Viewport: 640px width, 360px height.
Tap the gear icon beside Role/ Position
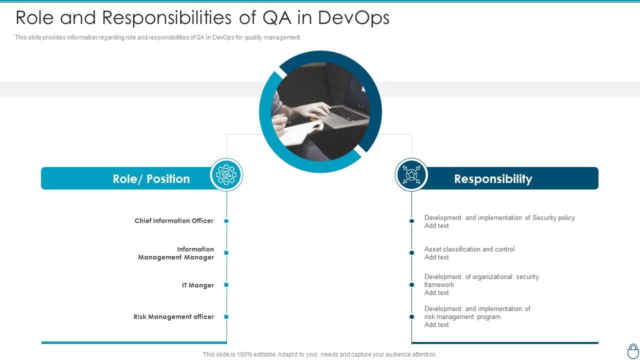click(226, 174)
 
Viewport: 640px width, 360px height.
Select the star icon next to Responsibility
click(411, 174)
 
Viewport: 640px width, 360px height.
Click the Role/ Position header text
click(151, 179)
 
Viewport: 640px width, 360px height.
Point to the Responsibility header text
click(493, 179)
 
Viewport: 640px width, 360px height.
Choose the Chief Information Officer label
click(174, 220)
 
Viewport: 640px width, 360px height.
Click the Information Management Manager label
click(176, 253)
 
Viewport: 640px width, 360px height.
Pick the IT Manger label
click(198, 285)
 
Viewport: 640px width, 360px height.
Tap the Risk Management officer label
click(173, 316)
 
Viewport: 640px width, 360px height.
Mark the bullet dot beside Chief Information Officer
click(226, 221)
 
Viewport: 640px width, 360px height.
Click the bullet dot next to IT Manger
click(226, 285)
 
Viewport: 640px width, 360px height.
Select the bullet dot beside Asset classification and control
click(411, 253)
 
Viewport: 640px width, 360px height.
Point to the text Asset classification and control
click(469, 249)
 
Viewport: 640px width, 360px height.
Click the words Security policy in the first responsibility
click(553, 217)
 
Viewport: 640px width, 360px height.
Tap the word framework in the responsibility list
click(439, 284)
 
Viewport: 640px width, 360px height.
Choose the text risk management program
click(462, 316)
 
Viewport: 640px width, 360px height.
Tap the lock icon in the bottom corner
click(632, 350)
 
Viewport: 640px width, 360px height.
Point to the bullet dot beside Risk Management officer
click(226, 316)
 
